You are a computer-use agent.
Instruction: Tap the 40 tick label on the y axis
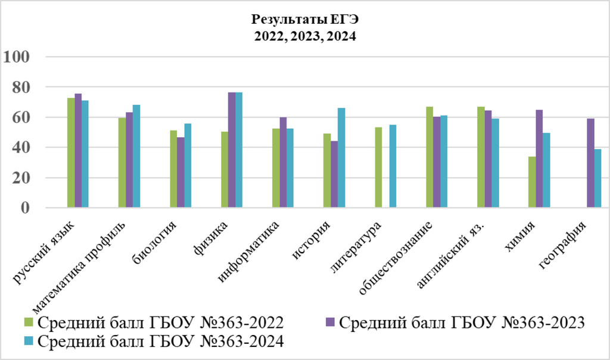tap(18, 147)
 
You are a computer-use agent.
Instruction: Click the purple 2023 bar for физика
tap(232, 150)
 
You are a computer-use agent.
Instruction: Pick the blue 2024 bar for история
tap(341, 158)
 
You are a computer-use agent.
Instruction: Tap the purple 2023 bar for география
tap(590, 163)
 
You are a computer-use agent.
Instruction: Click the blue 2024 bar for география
tap(597, 178)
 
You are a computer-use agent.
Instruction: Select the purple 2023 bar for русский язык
tap(78, 150)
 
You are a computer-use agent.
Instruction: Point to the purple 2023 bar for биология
tap(180, 172)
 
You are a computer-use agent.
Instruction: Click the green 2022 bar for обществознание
tap(430, 157)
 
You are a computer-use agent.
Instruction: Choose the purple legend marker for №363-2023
tap(329, 322)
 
